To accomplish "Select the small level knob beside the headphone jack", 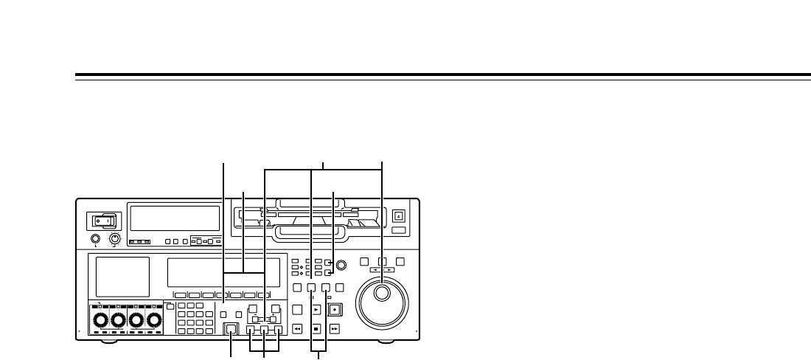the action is click(114, 238).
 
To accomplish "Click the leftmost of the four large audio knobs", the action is click(99, 322).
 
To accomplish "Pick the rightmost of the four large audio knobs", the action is click(153, 322).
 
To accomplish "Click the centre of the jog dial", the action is click(382, 294).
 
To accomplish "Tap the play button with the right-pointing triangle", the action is click(316, 311).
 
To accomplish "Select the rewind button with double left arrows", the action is click(297, 329).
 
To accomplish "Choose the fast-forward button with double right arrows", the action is click(334, 329).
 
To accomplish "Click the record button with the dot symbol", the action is click(335, 310).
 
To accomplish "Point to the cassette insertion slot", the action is click(308, 219).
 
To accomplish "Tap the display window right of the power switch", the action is click(174, 218).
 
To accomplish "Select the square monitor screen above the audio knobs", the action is click(123, 277).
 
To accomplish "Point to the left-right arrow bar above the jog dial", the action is click(382, 270).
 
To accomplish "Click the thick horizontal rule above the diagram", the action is click(442, 75).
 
